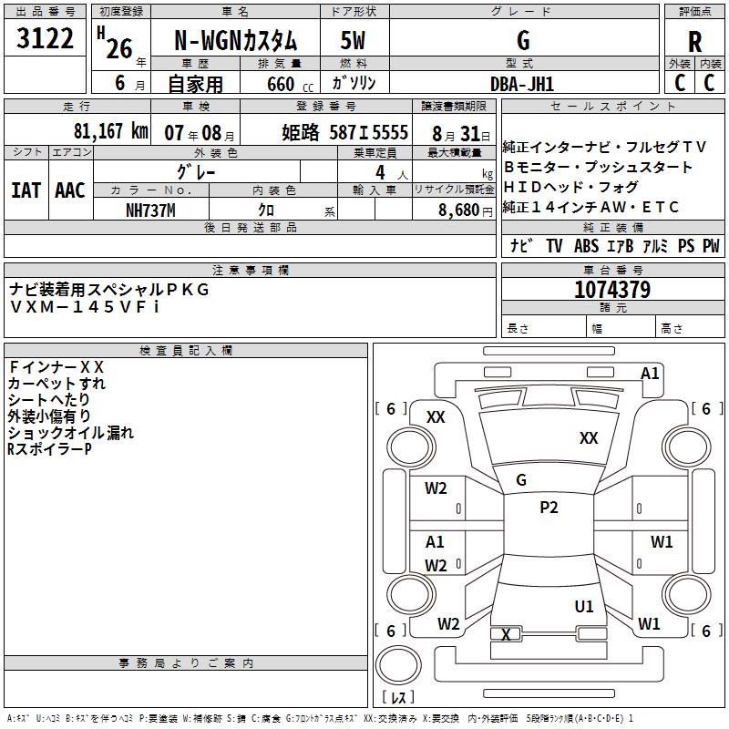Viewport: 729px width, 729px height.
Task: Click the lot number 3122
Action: tap(46, 40)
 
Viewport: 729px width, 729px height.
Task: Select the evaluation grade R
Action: tap(694, 42)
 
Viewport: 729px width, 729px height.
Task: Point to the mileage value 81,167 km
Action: tap(108, 131)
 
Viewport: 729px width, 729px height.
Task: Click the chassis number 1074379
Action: tap(612, 290)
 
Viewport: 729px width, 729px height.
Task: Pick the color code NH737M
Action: tap(150, 210)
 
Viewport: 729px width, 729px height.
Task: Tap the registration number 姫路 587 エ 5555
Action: tap(344, 132)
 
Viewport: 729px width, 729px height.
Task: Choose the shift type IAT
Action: tap(26, 190)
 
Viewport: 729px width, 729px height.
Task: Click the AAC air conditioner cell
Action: tap(70, 190)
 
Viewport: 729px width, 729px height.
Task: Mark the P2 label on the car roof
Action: tap(549, 508)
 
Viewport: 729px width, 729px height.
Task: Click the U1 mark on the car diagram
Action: tap(584, 606)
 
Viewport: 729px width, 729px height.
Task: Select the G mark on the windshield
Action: tap(521, 479)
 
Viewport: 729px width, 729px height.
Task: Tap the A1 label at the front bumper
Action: tap(650, 373)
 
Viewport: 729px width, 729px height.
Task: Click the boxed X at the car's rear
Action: tap(507, 634)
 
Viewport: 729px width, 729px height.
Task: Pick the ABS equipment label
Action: tap(586, 246)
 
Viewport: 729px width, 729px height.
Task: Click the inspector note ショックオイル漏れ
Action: tap(71, 432)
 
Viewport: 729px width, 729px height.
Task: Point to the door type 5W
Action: tap(353, 42)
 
